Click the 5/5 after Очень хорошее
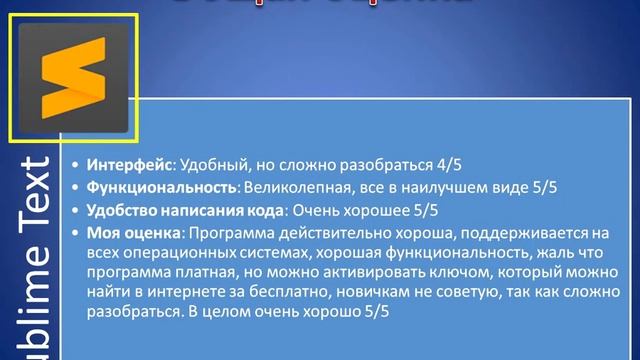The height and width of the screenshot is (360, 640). click(421, 210)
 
